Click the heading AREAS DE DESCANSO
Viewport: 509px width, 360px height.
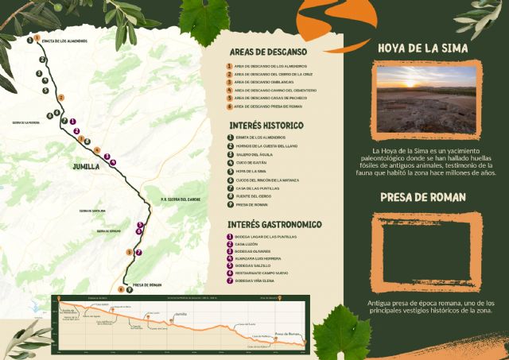coord(264,50)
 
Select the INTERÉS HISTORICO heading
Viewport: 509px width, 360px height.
coord(266,126)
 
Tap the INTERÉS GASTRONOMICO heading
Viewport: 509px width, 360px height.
coord(274,225)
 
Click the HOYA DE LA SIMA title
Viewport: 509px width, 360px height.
coord(422,48)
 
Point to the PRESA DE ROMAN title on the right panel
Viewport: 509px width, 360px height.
coord(422,196)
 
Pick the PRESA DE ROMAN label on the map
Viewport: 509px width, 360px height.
coord(147,285)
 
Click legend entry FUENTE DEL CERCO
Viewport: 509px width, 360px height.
coord(254,195)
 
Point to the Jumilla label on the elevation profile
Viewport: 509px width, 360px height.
coord(181,315)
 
